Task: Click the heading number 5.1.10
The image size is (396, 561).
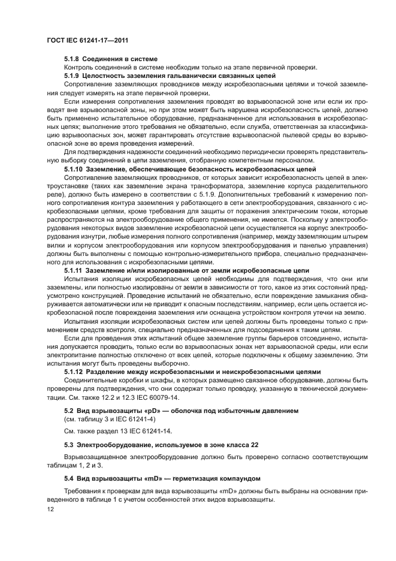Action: (74, 170)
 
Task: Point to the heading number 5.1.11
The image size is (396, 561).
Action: (74, 270)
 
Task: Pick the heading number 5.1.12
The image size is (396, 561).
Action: (74, 372)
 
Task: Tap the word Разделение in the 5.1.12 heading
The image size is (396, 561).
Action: (106, 372)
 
